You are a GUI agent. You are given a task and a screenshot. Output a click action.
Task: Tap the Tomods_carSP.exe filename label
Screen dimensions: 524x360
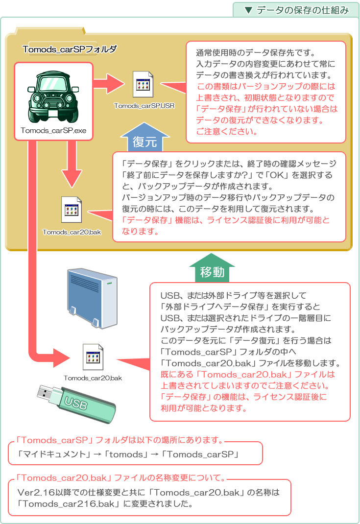pyautogui.click(x=53, y=131)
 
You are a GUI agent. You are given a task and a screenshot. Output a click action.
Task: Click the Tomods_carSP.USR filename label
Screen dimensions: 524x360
pyautogui.click(x=144, y=105)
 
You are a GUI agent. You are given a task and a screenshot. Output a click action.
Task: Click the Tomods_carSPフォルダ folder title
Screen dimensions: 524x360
pyautogui.click(x=70, y=49)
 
